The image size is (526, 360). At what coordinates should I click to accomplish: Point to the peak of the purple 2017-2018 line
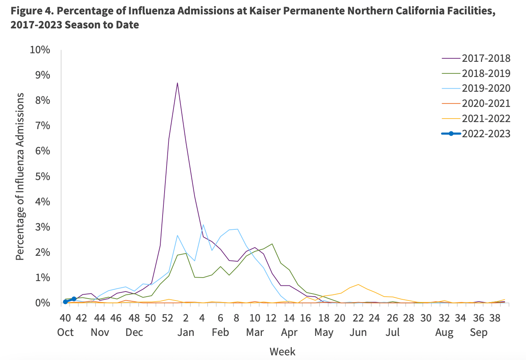pos(177,83)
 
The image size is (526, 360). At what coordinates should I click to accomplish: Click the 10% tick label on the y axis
pos(40,50)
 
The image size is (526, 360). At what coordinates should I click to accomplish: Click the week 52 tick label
pos(167,318)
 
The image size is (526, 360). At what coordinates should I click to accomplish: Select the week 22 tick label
pos(358,318)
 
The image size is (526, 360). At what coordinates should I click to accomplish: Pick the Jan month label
pos(186,333)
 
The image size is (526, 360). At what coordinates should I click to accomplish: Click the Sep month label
pos(479,333)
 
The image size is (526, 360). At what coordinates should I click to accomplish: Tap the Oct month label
pos(65,333)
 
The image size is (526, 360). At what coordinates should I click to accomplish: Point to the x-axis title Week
pos(282,352)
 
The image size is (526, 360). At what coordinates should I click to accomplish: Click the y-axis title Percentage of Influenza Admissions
pos(20,176)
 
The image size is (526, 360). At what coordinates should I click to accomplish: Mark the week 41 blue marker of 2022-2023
pos(74,299)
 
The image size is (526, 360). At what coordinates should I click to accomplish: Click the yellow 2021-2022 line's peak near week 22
pos(358,285)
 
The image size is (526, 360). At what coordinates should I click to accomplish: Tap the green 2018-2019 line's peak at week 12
pos(272,244)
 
